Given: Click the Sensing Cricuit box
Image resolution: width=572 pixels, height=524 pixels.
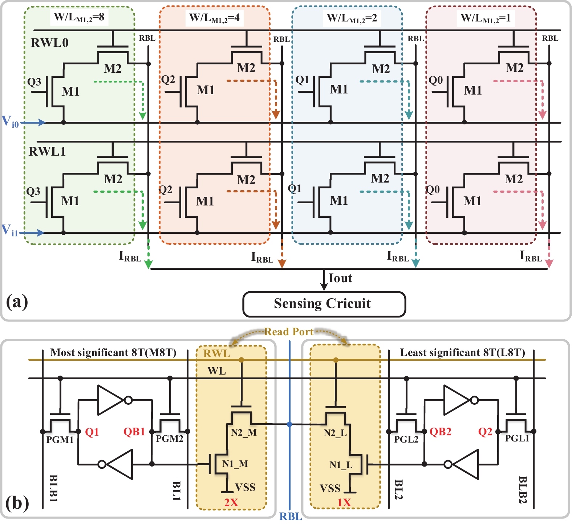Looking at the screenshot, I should (324, 304).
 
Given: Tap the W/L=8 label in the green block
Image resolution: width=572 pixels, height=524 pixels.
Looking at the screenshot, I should (79, 17).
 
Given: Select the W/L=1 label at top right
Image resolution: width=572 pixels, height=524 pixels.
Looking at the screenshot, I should (486, 18).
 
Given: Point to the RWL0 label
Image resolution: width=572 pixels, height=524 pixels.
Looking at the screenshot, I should (49, 43).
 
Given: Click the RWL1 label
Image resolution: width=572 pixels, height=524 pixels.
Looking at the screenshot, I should (47, 151).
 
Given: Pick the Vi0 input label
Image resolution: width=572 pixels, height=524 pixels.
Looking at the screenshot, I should (10, 121).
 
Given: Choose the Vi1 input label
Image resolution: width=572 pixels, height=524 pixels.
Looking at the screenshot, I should (10, 230).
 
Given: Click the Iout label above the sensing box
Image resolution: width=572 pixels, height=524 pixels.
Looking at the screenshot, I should (340, 278).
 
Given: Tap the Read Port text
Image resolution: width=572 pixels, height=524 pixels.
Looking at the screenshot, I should (289, 332).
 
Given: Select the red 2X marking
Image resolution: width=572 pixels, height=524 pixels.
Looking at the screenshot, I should (231, 503).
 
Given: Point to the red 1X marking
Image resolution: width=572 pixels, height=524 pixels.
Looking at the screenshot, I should (344, 503).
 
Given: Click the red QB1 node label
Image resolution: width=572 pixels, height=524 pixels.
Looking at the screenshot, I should (134, 432).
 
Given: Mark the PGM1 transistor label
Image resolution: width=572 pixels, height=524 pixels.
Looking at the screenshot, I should (60, 440).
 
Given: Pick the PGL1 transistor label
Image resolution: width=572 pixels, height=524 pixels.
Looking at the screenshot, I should (517, 439).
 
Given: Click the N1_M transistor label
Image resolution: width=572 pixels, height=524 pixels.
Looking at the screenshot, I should (235, 464).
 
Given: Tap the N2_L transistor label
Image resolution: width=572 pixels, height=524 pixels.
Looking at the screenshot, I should (335, 433).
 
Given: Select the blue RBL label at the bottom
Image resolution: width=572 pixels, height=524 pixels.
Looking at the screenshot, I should (291, 516).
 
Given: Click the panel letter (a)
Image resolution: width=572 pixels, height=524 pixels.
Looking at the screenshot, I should (17, 301).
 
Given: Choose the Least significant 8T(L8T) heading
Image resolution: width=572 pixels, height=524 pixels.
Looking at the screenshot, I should (462, 352).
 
